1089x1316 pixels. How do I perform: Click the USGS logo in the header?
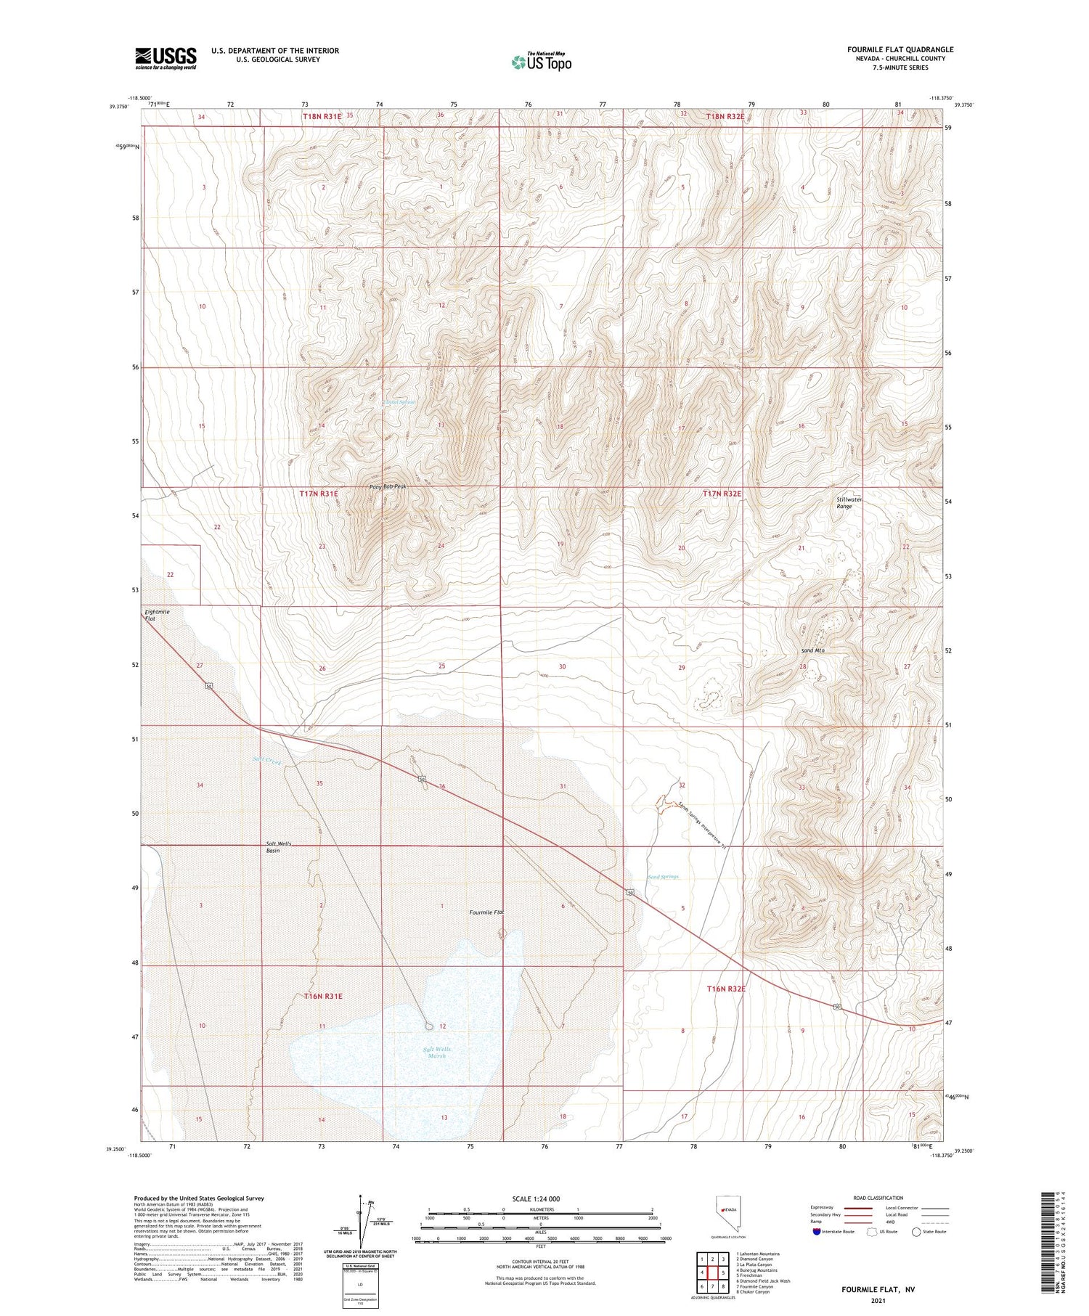point(166,58)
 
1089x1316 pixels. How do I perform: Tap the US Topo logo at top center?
point(541,62)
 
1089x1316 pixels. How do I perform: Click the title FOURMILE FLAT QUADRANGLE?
point(900,49)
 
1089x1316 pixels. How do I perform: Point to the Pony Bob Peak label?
point(388,487)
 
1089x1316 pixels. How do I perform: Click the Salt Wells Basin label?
point(278,846)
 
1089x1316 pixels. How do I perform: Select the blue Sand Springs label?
point(663,877)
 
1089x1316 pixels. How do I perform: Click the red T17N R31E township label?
point(319,494)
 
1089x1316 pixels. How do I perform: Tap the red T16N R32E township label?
point(726,989)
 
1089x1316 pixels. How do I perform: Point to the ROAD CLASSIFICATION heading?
point(878,1198)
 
